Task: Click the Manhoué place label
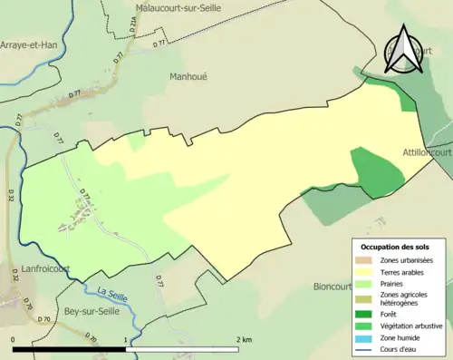coord(188,77)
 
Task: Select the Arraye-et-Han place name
coord(30,43)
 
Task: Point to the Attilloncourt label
coord(427,152)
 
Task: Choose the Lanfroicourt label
coord(35,270)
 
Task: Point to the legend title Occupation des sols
coord(396,247)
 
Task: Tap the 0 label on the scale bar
coord(14,339)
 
